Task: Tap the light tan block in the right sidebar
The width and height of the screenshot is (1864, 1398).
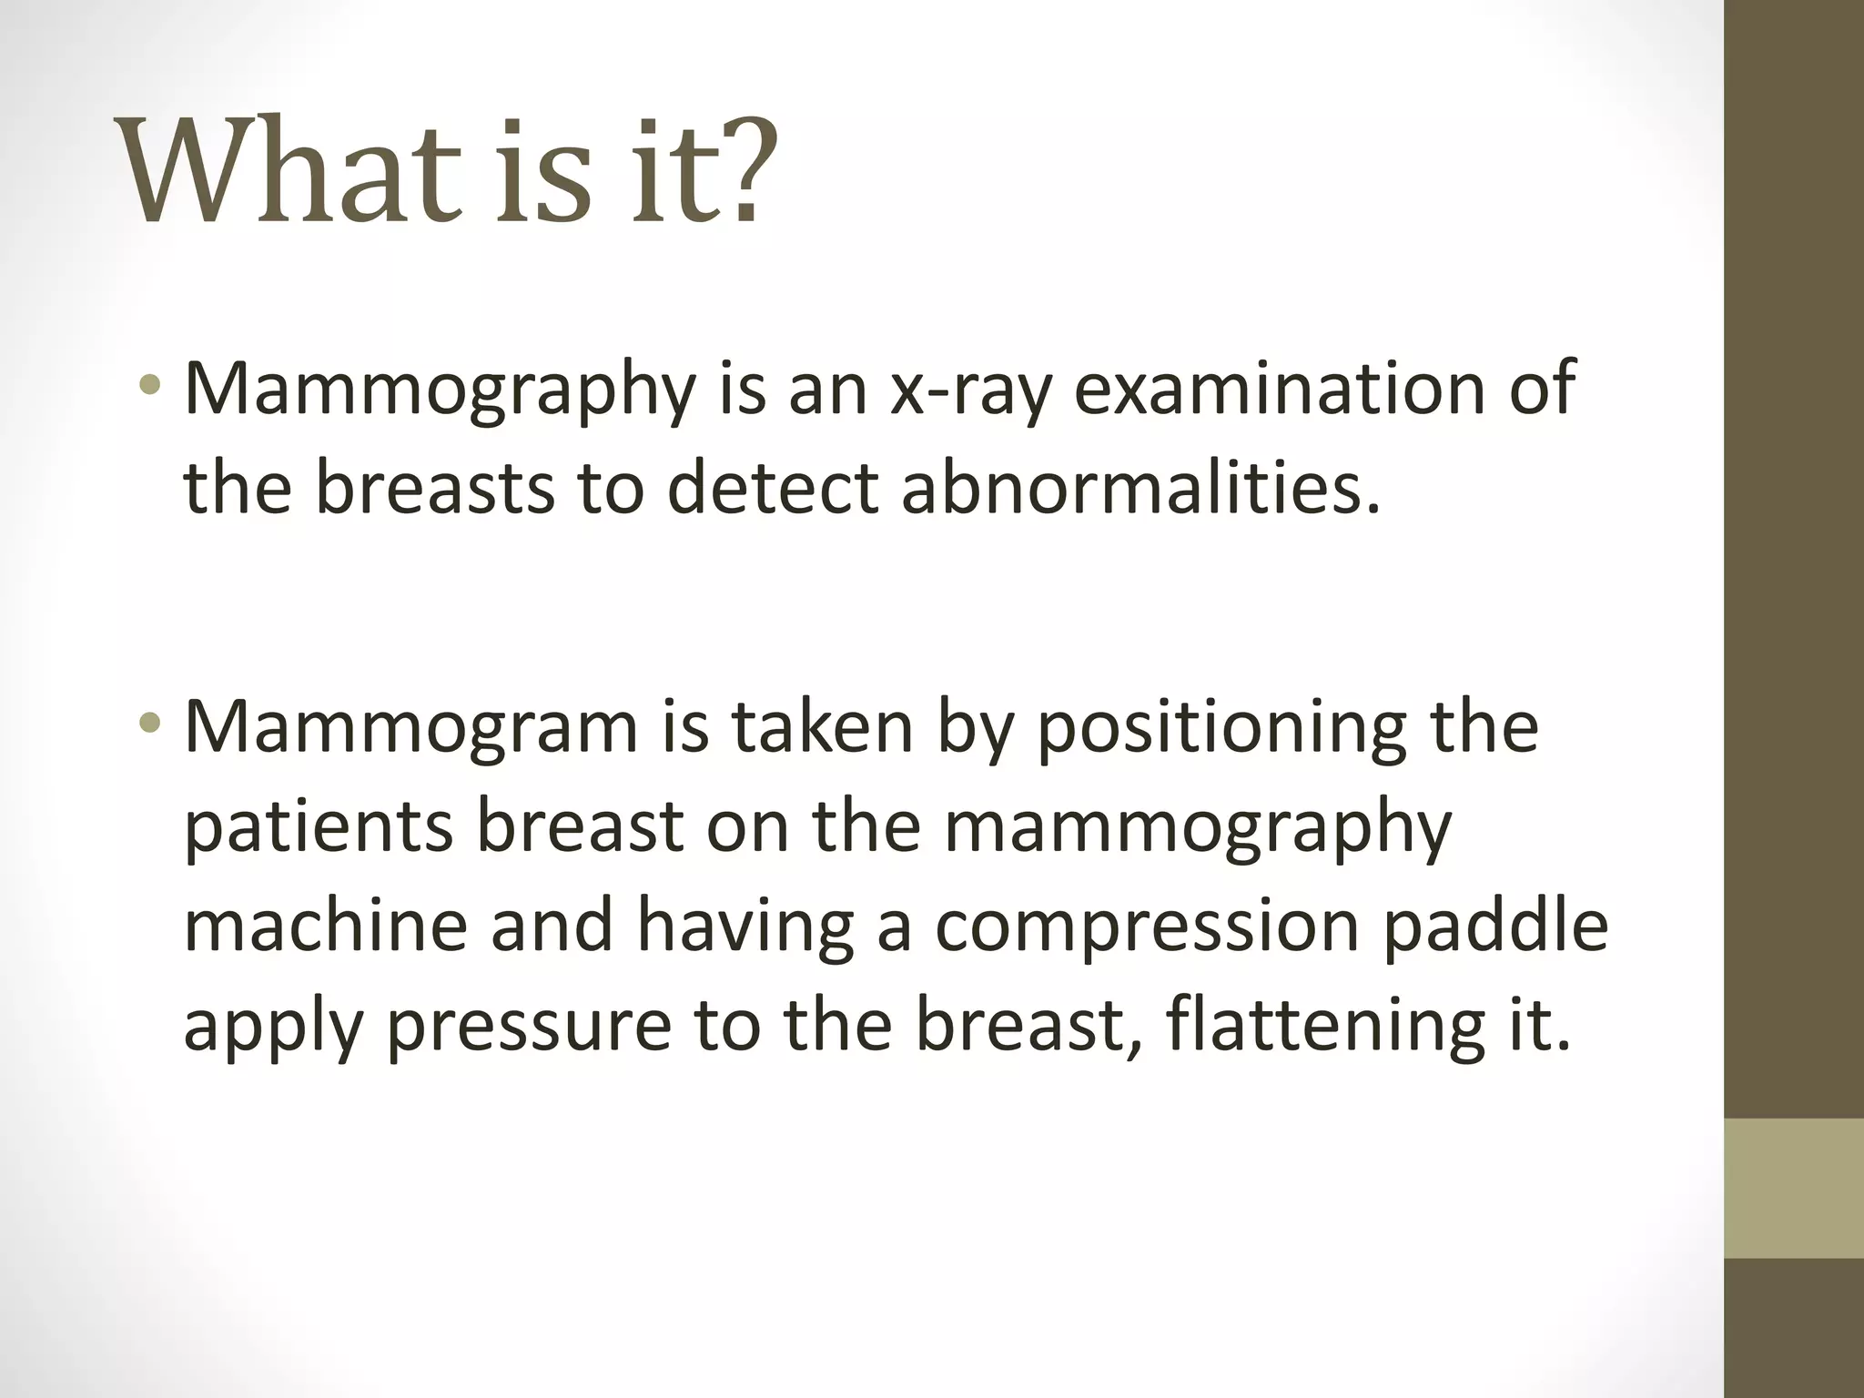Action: tap(1793, 1188)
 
